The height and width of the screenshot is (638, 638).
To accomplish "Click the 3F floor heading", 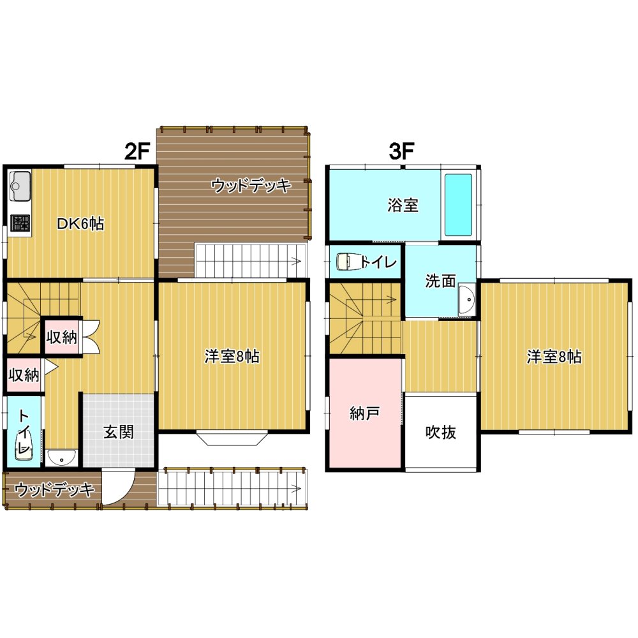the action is coord(401,152).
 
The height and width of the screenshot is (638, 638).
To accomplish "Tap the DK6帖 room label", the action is coord(80,223).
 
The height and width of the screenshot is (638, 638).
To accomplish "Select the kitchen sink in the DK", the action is coord(20,186).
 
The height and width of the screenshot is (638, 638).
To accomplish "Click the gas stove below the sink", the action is coord(20,223).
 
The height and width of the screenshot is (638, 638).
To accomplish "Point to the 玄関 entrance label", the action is coord(119,432).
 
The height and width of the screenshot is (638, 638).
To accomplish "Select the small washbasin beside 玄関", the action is coord(61,457).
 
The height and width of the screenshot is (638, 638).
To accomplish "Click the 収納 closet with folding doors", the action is coord(62,337).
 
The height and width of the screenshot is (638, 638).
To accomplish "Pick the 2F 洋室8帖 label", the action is coord(232,357).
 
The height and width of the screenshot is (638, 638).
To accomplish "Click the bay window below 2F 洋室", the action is coord(232,438).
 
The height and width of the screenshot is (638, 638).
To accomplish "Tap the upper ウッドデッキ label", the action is coord(251,186).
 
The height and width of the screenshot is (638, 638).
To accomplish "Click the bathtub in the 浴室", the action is coord(458,205).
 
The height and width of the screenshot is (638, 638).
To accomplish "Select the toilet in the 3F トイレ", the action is coord(349,261).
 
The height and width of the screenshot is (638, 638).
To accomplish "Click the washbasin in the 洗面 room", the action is coord(467,300).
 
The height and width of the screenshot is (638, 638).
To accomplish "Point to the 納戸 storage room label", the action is coord(364,413).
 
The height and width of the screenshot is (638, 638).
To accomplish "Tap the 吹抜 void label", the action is coord(441,432).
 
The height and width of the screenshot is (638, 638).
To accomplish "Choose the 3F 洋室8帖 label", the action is coord(554,357).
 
